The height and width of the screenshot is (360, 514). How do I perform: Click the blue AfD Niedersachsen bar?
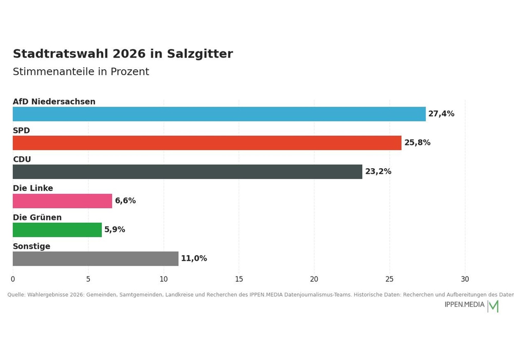pyautogui.click(x=219, y=114)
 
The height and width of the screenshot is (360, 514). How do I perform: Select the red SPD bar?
pyautogui.click(x=207, y=143)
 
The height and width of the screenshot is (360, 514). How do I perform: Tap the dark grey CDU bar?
pyautogui.click(x=188, y=172)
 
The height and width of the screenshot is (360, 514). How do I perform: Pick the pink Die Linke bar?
pyautogui.click(x=62, y=201)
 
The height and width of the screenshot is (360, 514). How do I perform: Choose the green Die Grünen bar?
pyautogui.click(x=58, y=230)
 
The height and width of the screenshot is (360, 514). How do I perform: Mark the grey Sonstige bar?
pyautogui.click(x=96, y=259)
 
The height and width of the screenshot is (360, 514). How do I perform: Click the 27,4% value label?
pyautogui.click(x=441, y=114)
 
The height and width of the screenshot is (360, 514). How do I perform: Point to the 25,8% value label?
pyautogui.click(x=417, y=142)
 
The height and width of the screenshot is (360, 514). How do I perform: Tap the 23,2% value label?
pyautogui.click(x=378, y=171)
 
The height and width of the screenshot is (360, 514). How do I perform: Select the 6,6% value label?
pyautogui.click(x=125, y=201)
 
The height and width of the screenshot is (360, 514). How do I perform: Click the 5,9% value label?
pyautogui.click(x=115, y=229)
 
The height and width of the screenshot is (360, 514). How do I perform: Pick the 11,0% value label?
pyautogui.click(x=194, y=258)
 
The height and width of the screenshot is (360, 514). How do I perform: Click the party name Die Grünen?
pyautogui.click(x=37, y=218)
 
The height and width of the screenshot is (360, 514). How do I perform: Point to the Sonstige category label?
pyautogui.click(x=31, y=246)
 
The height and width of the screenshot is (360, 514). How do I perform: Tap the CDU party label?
pyautogui.click(x=22, y=159)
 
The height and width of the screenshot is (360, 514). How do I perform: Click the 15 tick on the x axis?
pyautogui.click(x=239, y=279)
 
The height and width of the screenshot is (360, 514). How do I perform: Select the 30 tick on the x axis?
pyautogui.click(x=465, y=279)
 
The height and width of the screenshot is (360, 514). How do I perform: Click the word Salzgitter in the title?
pyautogui.click(x=200, y=54)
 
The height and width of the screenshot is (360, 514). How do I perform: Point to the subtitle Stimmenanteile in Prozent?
pyautogui.click(x=81, y=72)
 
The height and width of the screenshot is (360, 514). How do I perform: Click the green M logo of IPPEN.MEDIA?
pyautogui.click(x=493, y=306)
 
